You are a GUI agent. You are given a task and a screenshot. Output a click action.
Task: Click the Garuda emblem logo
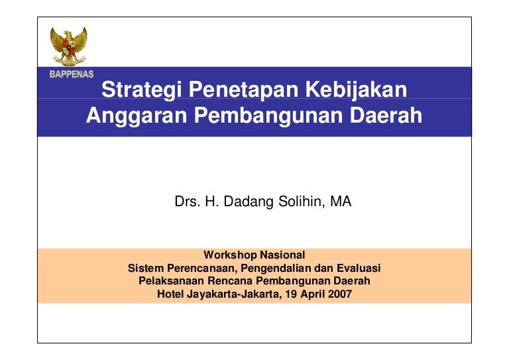68,46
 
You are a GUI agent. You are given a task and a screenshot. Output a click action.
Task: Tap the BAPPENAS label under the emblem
72,74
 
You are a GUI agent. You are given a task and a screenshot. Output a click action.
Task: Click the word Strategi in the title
142,90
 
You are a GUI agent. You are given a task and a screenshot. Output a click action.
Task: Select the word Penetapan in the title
243,90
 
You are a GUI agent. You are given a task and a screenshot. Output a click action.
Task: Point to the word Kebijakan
356,90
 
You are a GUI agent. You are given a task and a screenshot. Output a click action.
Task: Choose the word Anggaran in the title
137,116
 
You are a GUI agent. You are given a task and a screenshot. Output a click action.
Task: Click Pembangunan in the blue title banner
268,116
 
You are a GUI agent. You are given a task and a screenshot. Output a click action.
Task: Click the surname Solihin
302,202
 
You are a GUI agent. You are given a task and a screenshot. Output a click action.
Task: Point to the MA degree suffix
341,202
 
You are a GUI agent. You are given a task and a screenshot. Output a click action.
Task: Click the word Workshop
230,255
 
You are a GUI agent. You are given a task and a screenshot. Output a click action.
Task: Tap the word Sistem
146,268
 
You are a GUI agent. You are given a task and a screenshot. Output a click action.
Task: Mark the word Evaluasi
359,268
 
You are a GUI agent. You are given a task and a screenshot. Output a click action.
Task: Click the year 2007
340,294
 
